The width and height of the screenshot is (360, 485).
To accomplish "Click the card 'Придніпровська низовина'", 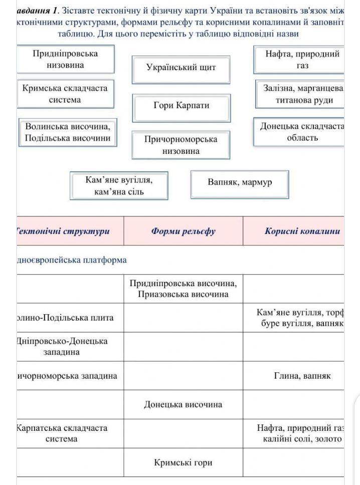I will point(65,59).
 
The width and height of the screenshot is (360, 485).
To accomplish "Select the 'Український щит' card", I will point(181,68).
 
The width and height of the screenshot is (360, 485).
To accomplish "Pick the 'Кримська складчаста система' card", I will point(65,94).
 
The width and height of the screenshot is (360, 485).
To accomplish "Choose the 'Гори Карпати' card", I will point(181,106).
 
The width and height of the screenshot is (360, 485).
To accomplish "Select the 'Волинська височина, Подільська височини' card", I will point(68,132).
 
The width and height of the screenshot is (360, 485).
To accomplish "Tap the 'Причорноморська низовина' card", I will point(181,145).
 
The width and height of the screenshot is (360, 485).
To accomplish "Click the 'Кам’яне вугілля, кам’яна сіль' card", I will point(119,185).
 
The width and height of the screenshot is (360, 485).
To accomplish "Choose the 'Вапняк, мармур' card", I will point(240,182).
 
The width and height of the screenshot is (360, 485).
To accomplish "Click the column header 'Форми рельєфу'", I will point(183,231).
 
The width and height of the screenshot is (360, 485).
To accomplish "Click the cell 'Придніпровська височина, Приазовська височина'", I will point(183,289).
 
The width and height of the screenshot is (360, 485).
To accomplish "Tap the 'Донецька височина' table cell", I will point(183,404).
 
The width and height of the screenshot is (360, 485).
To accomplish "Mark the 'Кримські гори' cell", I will point(183,462).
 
